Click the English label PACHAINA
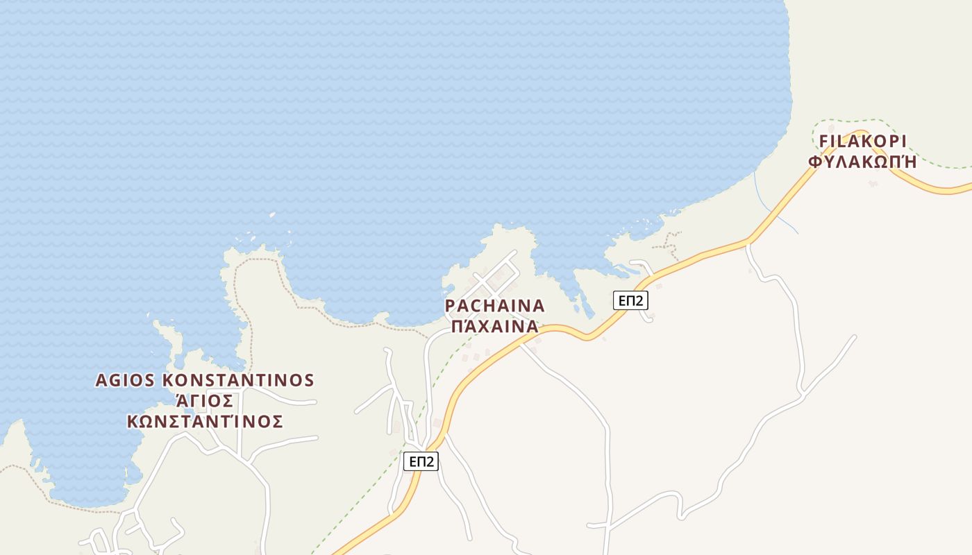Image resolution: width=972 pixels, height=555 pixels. tap(494, 306)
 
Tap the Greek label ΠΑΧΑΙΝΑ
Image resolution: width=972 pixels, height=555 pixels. tap(494, 326)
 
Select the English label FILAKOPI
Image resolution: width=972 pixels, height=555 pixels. tap(863, 142)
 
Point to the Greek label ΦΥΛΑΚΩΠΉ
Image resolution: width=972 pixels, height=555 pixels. tap(863, 162)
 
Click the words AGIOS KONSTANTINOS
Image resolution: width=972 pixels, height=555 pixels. tap(205, 380)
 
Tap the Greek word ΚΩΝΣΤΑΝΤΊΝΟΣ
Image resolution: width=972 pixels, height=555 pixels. tap(205, 422)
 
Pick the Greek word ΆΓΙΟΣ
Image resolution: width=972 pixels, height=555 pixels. tap(205, 401)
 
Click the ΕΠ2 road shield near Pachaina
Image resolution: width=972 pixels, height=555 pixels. tap(630, 300)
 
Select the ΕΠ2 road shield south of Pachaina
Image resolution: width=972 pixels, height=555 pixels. tap(421, 461)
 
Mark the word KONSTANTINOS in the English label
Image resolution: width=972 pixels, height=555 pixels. tap(238, 380)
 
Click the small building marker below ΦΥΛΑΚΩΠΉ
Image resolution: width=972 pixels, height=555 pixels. tap(873, 183)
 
